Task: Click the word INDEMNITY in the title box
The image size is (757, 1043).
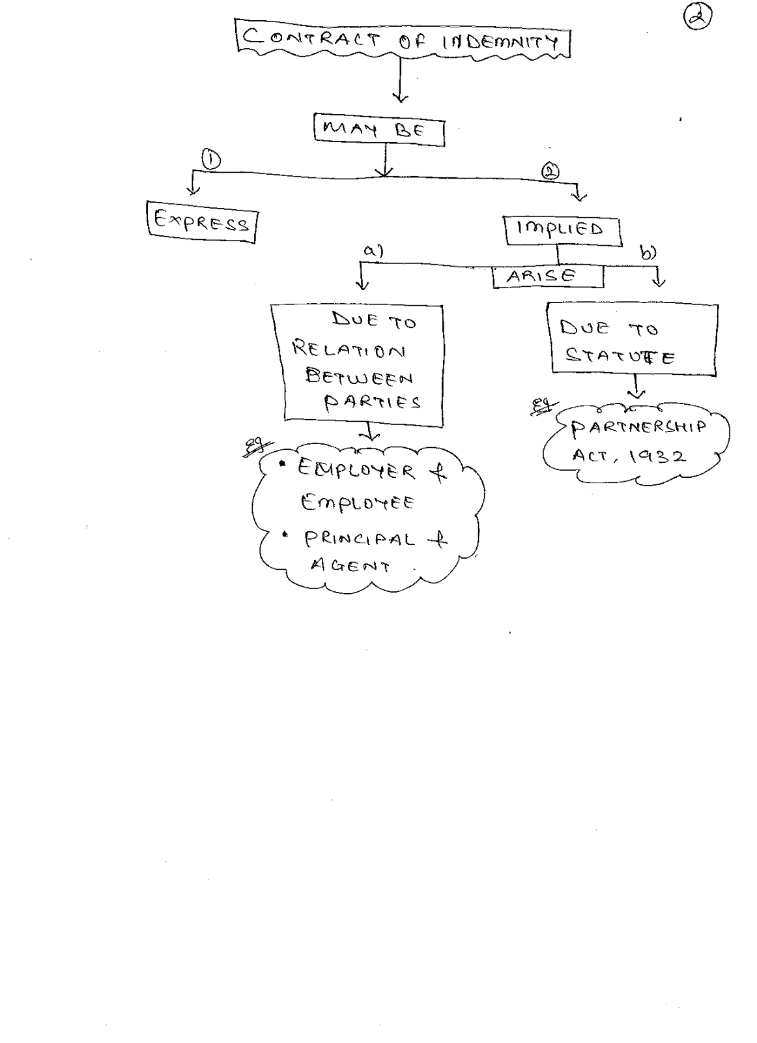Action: tap(500, 43)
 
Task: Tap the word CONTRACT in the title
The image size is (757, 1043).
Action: tap(311, 38)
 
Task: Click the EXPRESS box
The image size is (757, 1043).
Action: tap(201, 224)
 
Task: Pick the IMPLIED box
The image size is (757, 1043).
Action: tap(562, 229)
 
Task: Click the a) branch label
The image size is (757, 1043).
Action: tap(373, 250)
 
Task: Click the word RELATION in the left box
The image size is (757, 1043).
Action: tap(349, 350)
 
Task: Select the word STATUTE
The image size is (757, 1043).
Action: tap(620, 356)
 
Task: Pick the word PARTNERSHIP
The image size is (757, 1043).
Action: tap(638, 428)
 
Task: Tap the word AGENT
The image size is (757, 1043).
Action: tap(350, 565)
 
